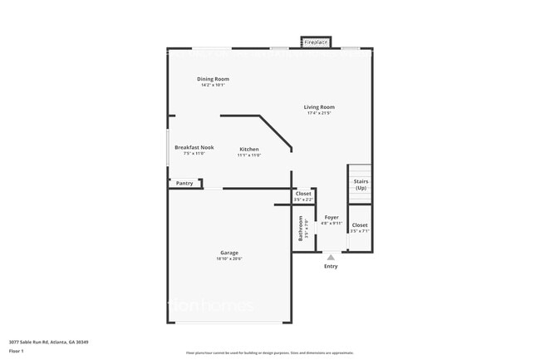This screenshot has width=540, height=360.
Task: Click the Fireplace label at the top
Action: [316, 42]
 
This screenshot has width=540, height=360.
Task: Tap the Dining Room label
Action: [213, 79]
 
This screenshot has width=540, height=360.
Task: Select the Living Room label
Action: [319, 107]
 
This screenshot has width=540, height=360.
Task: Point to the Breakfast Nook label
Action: [194, 147]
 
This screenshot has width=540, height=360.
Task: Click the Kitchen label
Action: [249, 150]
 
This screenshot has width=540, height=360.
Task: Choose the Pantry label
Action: [184, 183]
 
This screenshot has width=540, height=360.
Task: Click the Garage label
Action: [229, 253]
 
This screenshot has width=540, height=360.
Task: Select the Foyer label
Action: [331, 217]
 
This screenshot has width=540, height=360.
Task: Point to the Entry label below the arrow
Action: [331, 266]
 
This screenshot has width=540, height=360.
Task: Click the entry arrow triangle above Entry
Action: [331, 258]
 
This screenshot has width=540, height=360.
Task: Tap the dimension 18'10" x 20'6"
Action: [229, 259]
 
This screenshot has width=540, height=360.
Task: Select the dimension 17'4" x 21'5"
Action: [319, 113]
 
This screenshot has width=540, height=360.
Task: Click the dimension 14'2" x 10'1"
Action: [213, 85]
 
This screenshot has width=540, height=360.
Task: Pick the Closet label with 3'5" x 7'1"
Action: [359, 225]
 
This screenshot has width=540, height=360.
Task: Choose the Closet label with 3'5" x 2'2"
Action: [303, 194]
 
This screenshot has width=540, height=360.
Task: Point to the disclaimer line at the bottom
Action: [269, 353]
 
